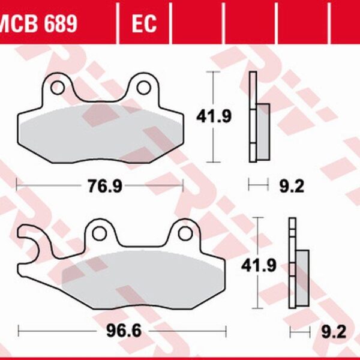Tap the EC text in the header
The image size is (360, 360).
click(144, 24)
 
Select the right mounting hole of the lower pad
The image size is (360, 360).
click(187, 234)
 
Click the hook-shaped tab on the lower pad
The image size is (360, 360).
click(30, 243)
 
